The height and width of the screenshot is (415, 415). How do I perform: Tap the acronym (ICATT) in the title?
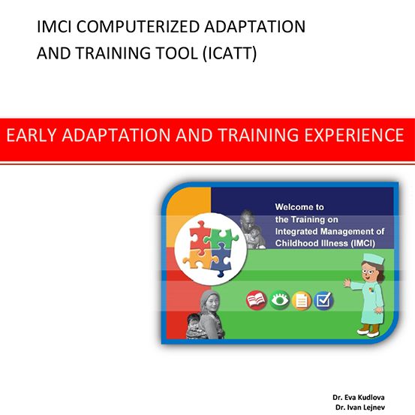click(x=230, y=53)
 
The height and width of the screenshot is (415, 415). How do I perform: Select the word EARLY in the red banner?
click(x=32, y=135)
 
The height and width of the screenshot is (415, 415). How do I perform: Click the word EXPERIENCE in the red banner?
click(x=354, y=135)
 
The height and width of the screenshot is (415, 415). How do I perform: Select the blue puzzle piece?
click(x=221, y=260)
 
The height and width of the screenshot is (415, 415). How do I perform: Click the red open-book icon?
click(x=256, y=300)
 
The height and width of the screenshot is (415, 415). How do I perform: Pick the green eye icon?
click(x=279, y=300)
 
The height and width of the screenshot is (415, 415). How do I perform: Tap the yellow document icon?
click(x=302, y=301)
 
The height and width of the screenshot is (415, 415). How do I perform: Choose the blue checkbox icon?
click(x=323, y=301)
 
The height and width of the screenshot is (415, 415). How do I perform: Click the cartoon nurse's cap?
click(x=374, y=259)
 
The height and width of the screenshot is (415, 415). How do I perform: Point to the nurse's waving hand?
click(x=347, y=283)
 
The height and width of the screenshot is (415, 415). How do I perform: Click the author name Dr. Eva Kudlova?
click(x=359, y=397)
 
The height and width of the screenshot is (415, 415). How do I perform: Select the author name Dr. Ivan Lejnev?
click(x=360, y=407)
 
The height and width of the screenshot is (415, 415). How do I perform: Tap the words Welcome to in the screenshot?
click(x=299, y=207)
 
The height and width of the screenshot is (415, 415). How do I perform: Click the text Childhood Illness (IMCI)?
click(x=325, y=243)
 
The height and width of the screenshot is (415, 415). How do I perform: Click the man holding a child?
click(x=252, y=229)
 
